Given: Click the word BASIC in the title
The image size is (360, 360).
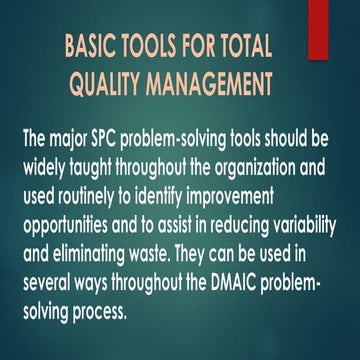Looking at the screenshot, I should [93, 47].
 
